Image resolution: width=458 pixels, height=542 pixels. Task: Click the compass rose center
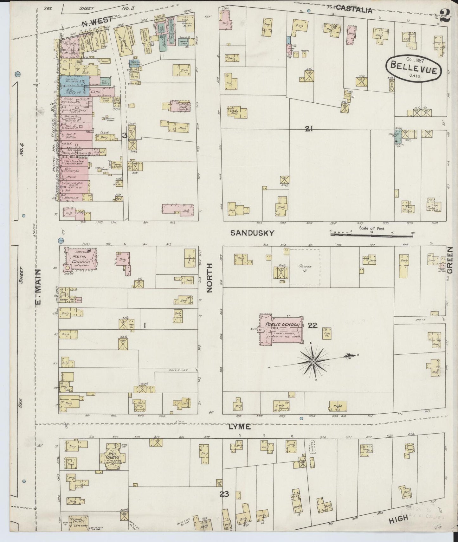(313, 362)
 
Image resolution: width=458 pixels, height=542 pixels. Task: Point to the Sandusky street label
(252, 233)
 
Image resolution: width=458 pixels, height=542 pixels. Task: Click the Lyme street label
(240, 427)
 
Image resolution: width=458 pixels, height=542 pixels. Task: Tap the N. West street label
(97, 21)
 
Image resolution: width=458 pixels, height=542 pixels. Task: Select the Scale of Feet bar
(372, 235)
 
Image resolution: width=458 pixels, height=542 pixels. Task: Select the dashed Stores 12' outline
(304, 267)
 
